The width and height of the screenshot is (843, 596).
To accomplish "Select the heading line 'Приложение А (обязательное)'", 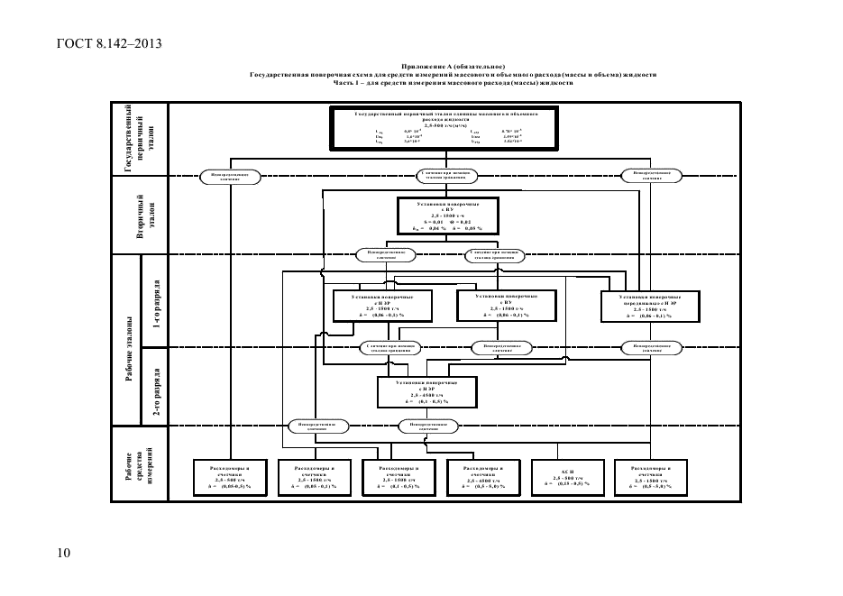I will [x=452, y=68].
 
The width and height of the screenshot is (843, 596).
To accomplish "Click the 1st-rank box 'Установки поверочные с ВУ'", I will [x=501, y=305].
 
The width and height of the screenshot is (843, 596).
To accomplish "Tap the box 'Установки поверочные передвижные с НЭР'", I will [x=649, y=305].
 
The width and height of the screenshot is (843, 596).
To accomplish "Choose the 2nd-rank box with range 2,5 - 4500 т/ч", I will [x=426, y=391].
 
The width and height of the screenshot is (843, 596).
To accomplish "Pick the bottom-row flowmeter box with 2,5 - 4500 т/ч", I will [x=483, y=476].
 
